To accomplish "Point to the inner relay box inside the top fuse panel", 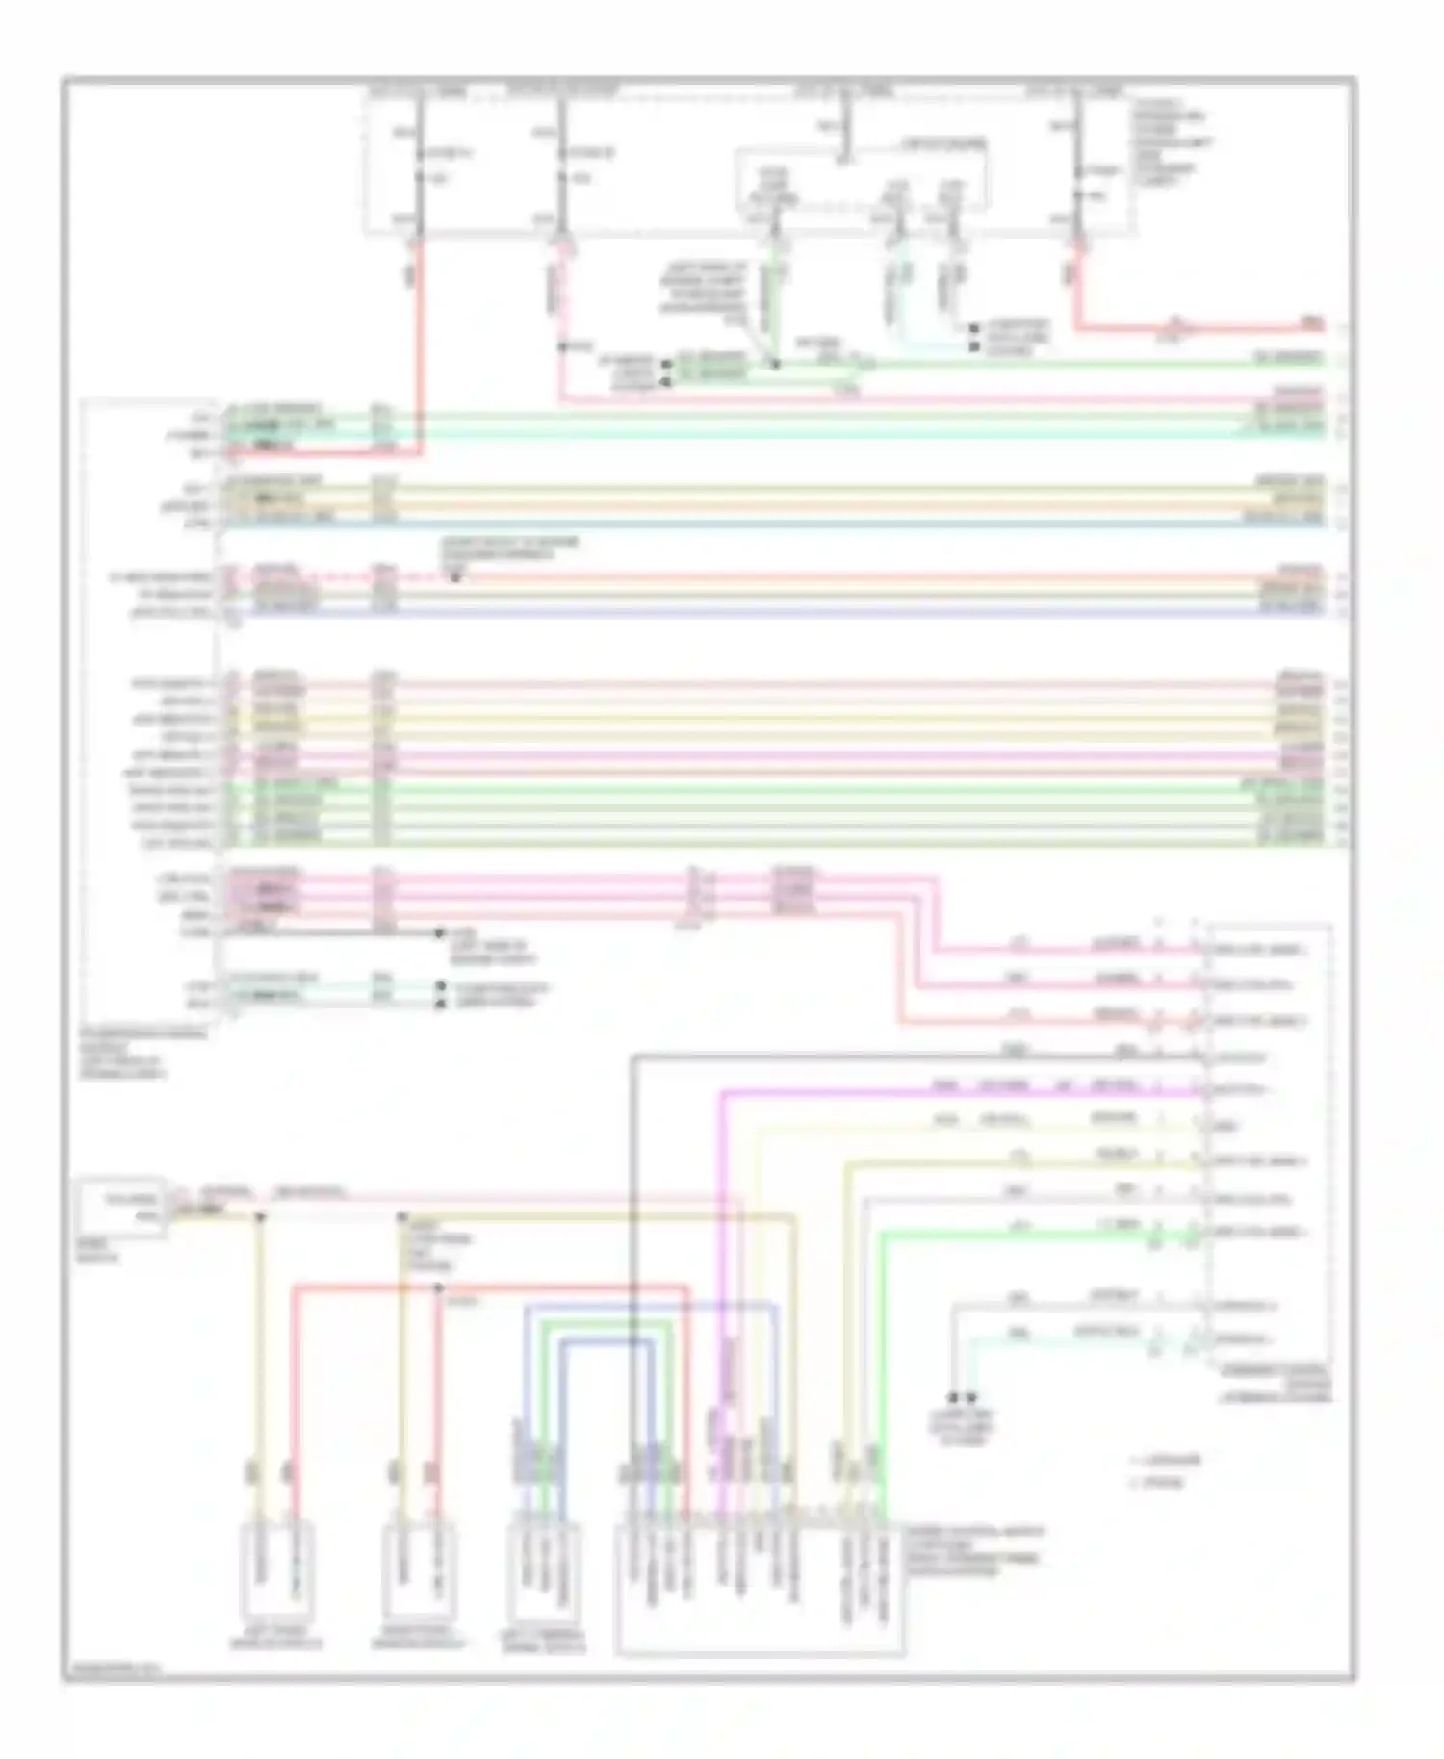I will click(862, 178).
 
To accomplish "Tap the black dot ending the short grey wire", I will click(439, 932).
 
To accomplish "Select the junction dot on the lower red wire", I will click(438, 1287).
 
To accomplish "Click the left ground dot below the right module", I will click(953, 1397).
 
